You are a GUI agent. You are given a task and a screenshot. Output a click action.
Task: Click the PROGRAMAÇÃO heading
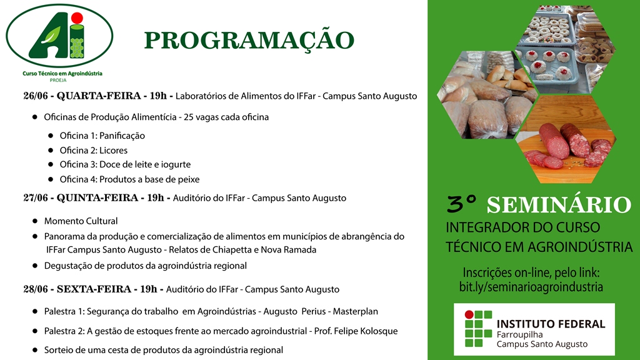(249, 41)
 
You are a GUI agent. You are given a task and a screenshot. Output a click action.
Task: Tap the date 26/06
(36, 96)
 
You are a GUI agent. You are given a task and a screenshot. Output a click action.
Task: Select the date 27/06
(37, 198)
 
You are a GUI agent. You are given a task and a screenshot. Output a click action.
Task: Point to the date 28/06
(36, 289)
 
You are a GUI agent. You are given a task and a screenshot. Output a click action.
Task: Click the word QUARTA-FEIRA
(96, 96)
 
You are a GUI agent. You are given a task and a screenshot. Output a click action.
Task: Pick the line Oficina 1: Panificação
(102, 136)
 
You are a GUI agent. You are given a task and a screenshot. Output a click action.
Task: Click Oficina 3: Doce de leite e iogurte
(125, 165)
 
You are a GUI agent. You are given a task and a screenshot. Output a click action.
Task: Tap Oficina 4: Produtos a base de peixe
(131, 179)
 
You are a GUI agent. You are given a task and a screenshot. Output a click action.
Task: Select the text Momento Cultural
(81, 221)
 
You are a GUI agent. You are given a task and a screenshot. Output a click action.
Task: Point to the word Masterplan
(355, 311)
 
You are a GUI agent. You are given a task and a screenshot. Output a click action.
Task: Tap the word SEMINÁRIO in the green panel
(559, 204)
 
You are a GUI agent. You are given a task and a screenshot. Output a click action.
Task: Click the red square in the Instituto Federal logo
(469, 315)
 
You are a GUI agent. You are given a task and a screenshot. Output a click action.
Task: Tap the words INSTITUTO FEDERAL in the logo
(551, 324)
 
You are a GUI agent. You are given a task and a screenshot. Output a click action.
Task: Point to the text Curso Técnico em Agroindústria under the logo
(58, 74)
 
